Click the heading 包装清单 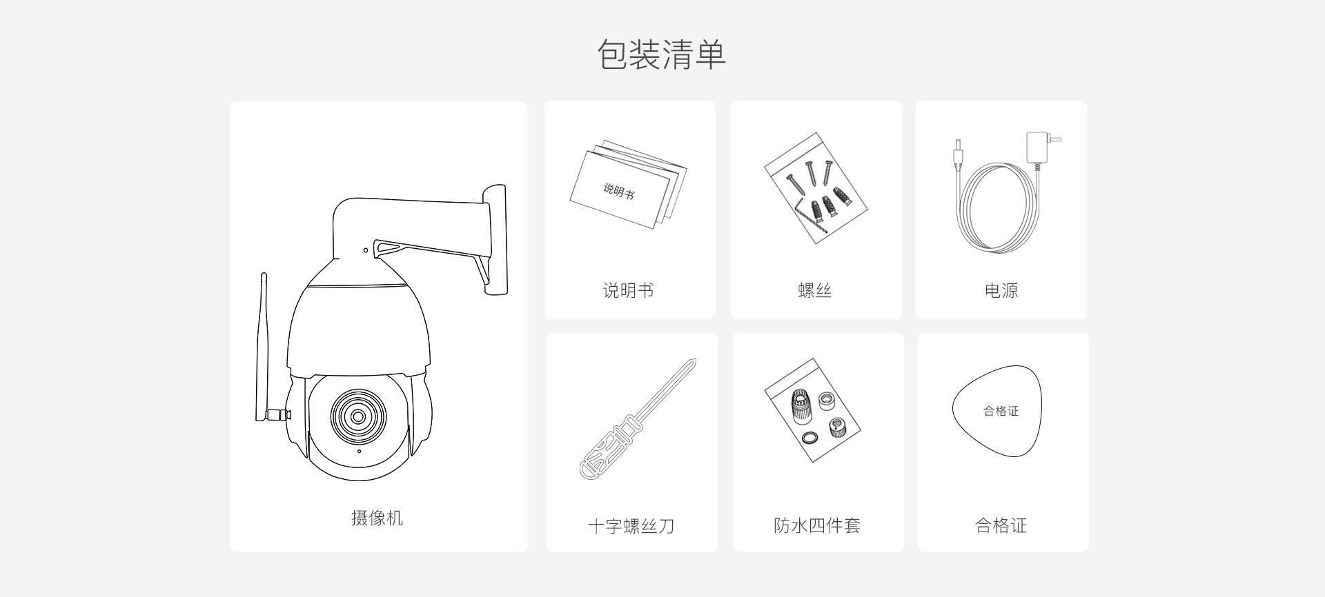[x=661, y=54]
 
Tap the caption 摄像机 [x=377, y=518]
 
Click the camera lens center [x=358, y=416]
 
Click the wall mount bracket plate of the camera [x=495, y=239]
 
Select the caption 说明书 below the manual [x=628, y=290]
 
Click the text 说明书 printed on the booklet [x=618, y=190]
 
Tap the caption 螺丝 [x=815, y=290]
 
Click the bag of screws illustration [x=816, y=188]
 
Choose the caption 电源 [x=1001, y=290]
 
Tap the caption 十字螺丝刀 [x=631, y=526]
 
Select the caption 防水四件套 [x=817, y=525]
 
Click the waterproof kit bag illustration [x=813, y=409]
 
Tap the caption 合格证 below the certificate [x=1001, y=525]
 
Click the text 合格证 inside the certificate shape [x=1001, y=411]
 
